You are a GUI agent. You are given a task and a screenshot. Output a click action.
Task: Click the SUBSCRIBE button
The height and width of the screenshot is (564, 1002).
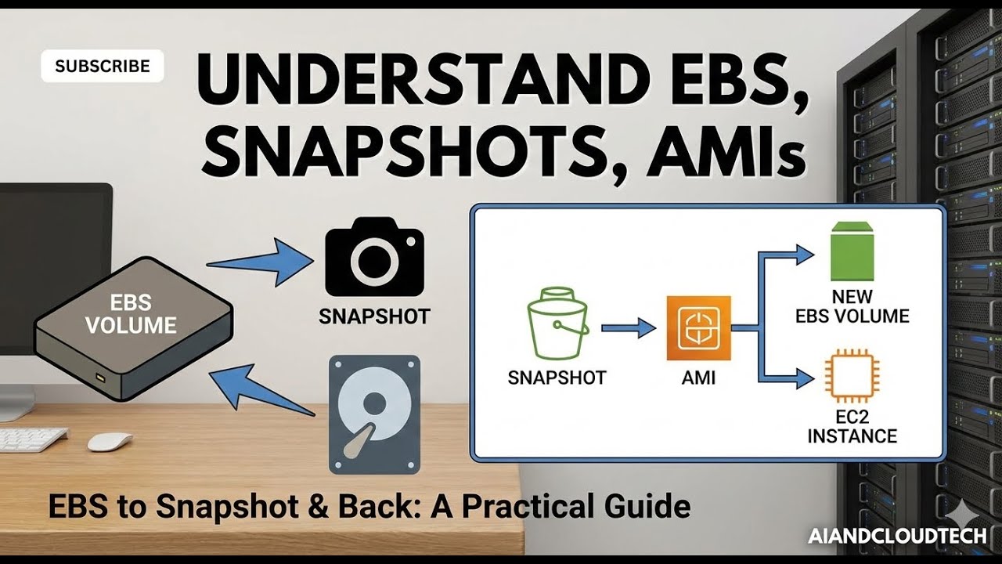point(102,67)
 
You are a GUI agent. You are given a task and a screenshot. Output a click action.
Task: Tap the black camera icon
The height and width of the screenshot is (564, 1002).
point(374,258)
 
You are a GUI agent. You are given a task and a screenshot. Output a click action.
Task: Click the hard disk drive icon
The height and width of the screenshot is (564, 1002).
point(374,414)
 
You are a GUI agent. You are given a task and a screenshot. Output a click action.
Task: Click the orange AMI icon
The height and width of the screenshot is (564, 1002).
point(698,327)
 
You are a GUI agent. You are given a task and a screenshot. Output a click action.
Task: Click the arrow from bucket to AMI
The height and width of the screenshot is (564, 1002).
point(631,327)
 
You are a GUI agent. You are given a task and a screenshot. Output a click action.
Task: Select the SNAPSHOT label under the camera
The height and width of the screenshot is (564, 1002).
point(374,316)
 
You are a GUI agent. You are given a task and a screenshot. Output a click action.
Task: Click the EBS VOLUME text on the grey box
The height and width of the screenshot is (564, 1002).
point(131,314)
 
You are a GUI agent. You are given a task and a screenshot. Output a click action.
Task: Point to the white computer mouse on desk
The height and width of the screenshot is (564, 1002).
point(110,442)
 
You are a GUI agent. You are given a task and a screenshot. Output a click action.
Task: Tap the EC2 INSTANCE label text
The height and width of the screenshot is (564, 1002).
point(852,425)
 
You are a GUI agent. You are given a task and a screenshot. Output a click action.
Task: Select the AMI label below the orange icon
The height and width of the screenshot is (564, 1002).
point(697,378)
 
